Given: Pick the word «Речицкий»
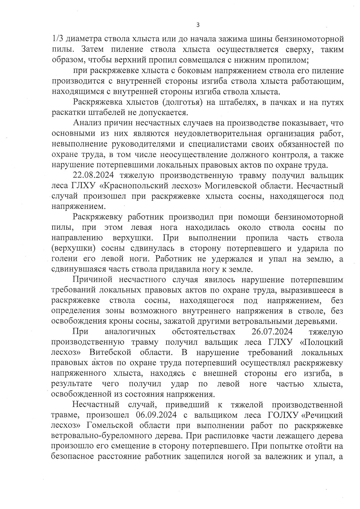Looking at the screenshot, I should tap(322, 415).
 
